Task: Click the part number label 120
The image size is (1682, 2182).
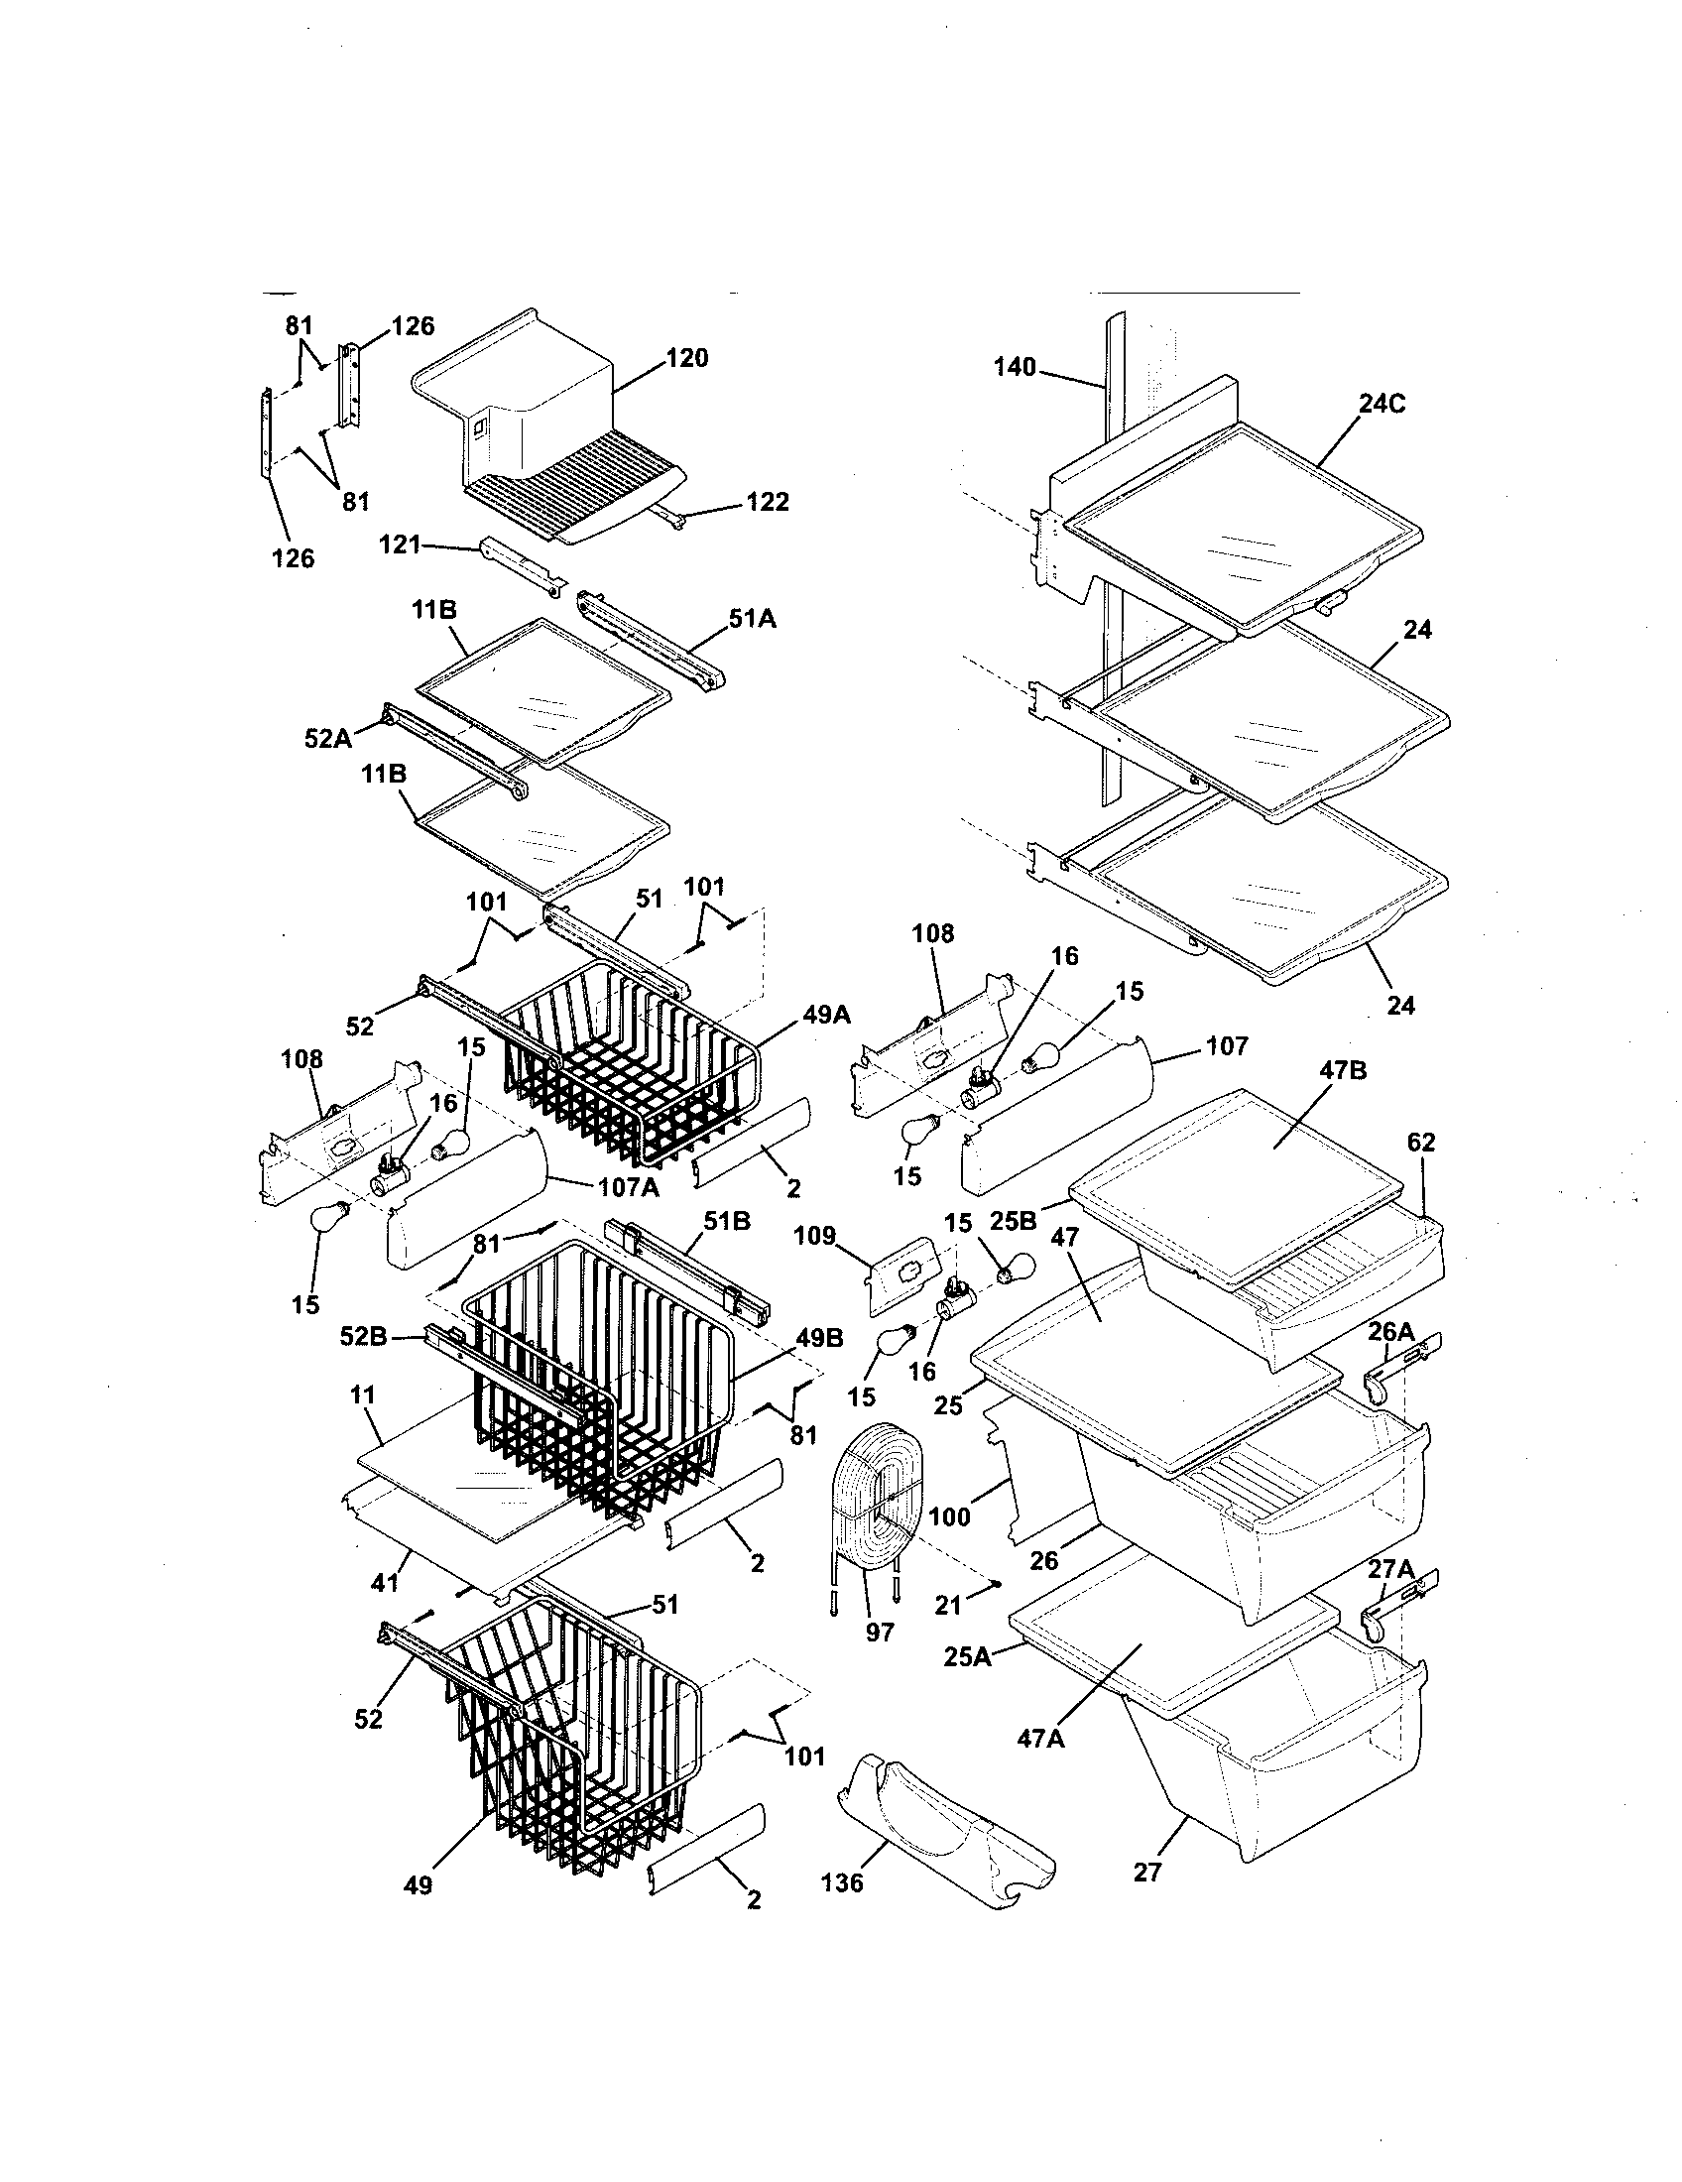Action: coord(686,358)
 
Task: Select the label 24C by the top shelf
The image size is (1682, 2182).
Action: coord(1382,404)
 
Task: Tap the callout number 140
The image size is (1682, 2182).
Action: coord(1015,368)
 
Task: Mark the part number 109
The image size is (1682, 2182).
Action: coord(814,1236)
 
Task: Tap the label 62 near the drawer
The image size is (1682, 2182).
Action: coord(1420,1141)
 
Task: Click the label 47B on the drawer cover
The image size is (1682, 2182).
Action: coord(1343,1070)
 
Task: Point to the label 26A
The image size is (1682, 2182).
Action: coord(1391,1331)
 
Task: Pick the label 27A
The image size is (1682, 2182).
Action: coord(1391,1569)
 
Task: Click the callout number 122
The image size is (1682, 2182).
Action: coord(767,502)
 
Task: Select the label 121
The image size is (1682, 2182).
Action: coord(400,545)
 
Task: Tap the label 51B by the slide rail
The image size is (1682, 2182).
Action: coord(727,1221)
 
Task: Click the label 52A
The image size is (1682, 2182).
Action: coord(327,738)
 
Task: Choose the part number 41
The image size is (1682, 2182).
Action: coord(385,1583)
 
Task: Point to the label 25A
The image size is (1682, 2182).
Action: coord(967,1656)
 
